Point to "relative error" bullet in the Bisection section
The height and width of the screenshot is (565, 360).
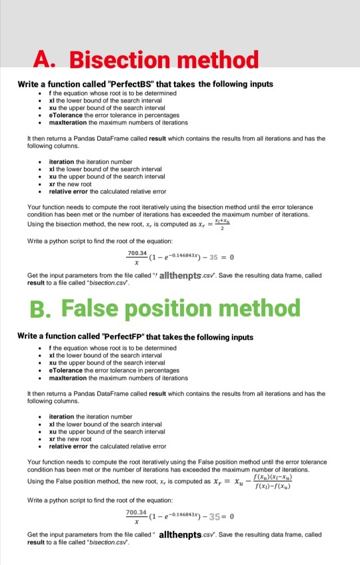point(73,191)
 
